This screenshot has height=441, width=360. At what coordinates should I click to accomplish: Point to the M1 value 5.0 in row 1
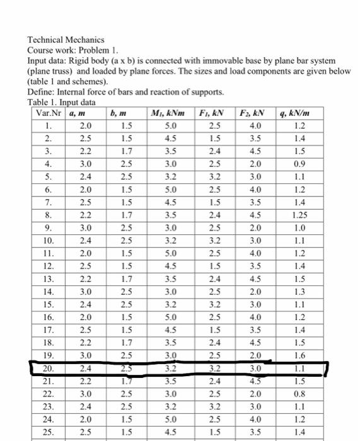pos(165,126)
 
